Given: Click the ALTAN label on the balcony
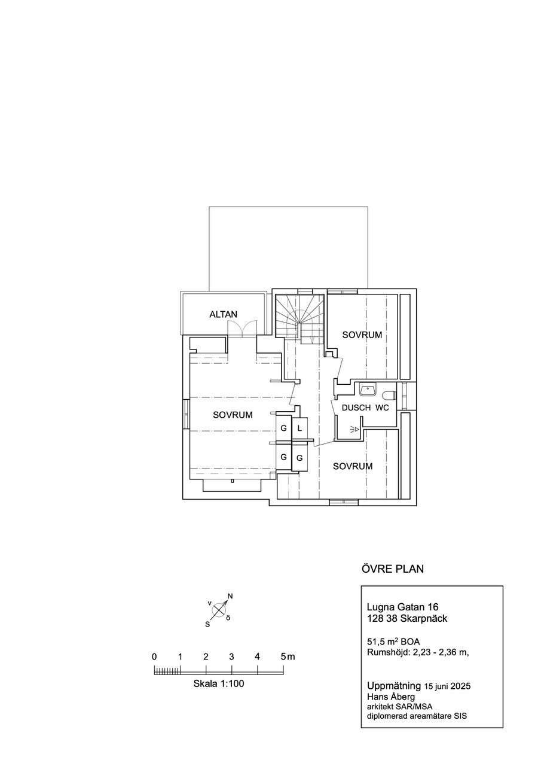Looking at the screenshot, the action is [x=223, y=314].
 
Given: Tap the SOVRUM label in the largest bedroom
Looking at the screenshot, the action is [x=233, y=415].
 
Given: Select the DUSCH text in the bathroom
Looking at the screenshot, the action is [x=356, y=408].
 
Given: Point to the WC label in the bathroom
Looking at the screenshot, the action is [x=382, y=408].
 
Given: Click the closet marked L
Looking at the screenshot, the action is [x=300, y=428].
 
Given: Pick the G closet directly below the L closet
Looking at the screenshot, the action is [x=300, y=458].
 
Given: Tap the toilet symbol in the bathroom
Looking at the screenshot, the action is [x=390, y=396].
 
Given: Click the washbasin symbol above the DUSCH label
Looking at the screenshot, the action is [x=368, y=390].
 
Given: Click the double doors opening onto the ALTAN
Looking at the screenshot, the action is [x=242, y=329].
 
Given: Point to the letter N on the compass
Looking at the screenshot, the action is [x=230, y=596].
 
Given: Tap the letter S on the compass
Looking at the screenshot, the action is [x=207, y=624].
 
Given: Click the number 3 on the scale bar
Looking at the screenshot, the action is [x=231, y=656].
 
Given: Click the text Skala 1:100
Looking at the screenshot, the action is [x=219, y=683].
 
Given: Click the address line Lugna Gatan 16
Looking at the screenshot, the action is [x=403, y=607].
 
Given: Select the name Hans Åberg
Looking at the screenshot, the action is [x=391, y=696].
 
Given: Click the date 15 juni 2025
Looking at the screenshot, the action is [x=447, y=686].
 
